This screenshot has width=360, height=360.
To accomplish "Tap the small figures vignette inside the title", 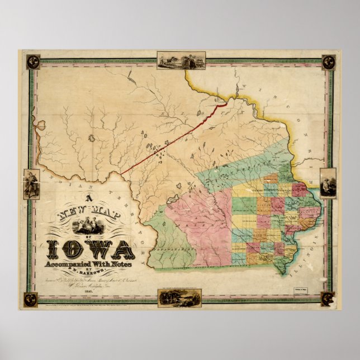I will [x=89, y=226].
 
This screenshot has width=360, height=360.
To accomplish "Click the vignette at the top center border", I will [x=181, y=60].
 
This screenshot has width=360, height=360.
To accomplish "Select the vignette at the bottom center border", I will [x=172, y=297].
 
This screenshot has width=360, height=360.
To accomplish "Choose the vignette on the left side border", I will [x=31, y=184].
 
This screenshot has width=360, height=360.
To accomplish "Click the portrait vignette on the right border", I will [x=328, y=183].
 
